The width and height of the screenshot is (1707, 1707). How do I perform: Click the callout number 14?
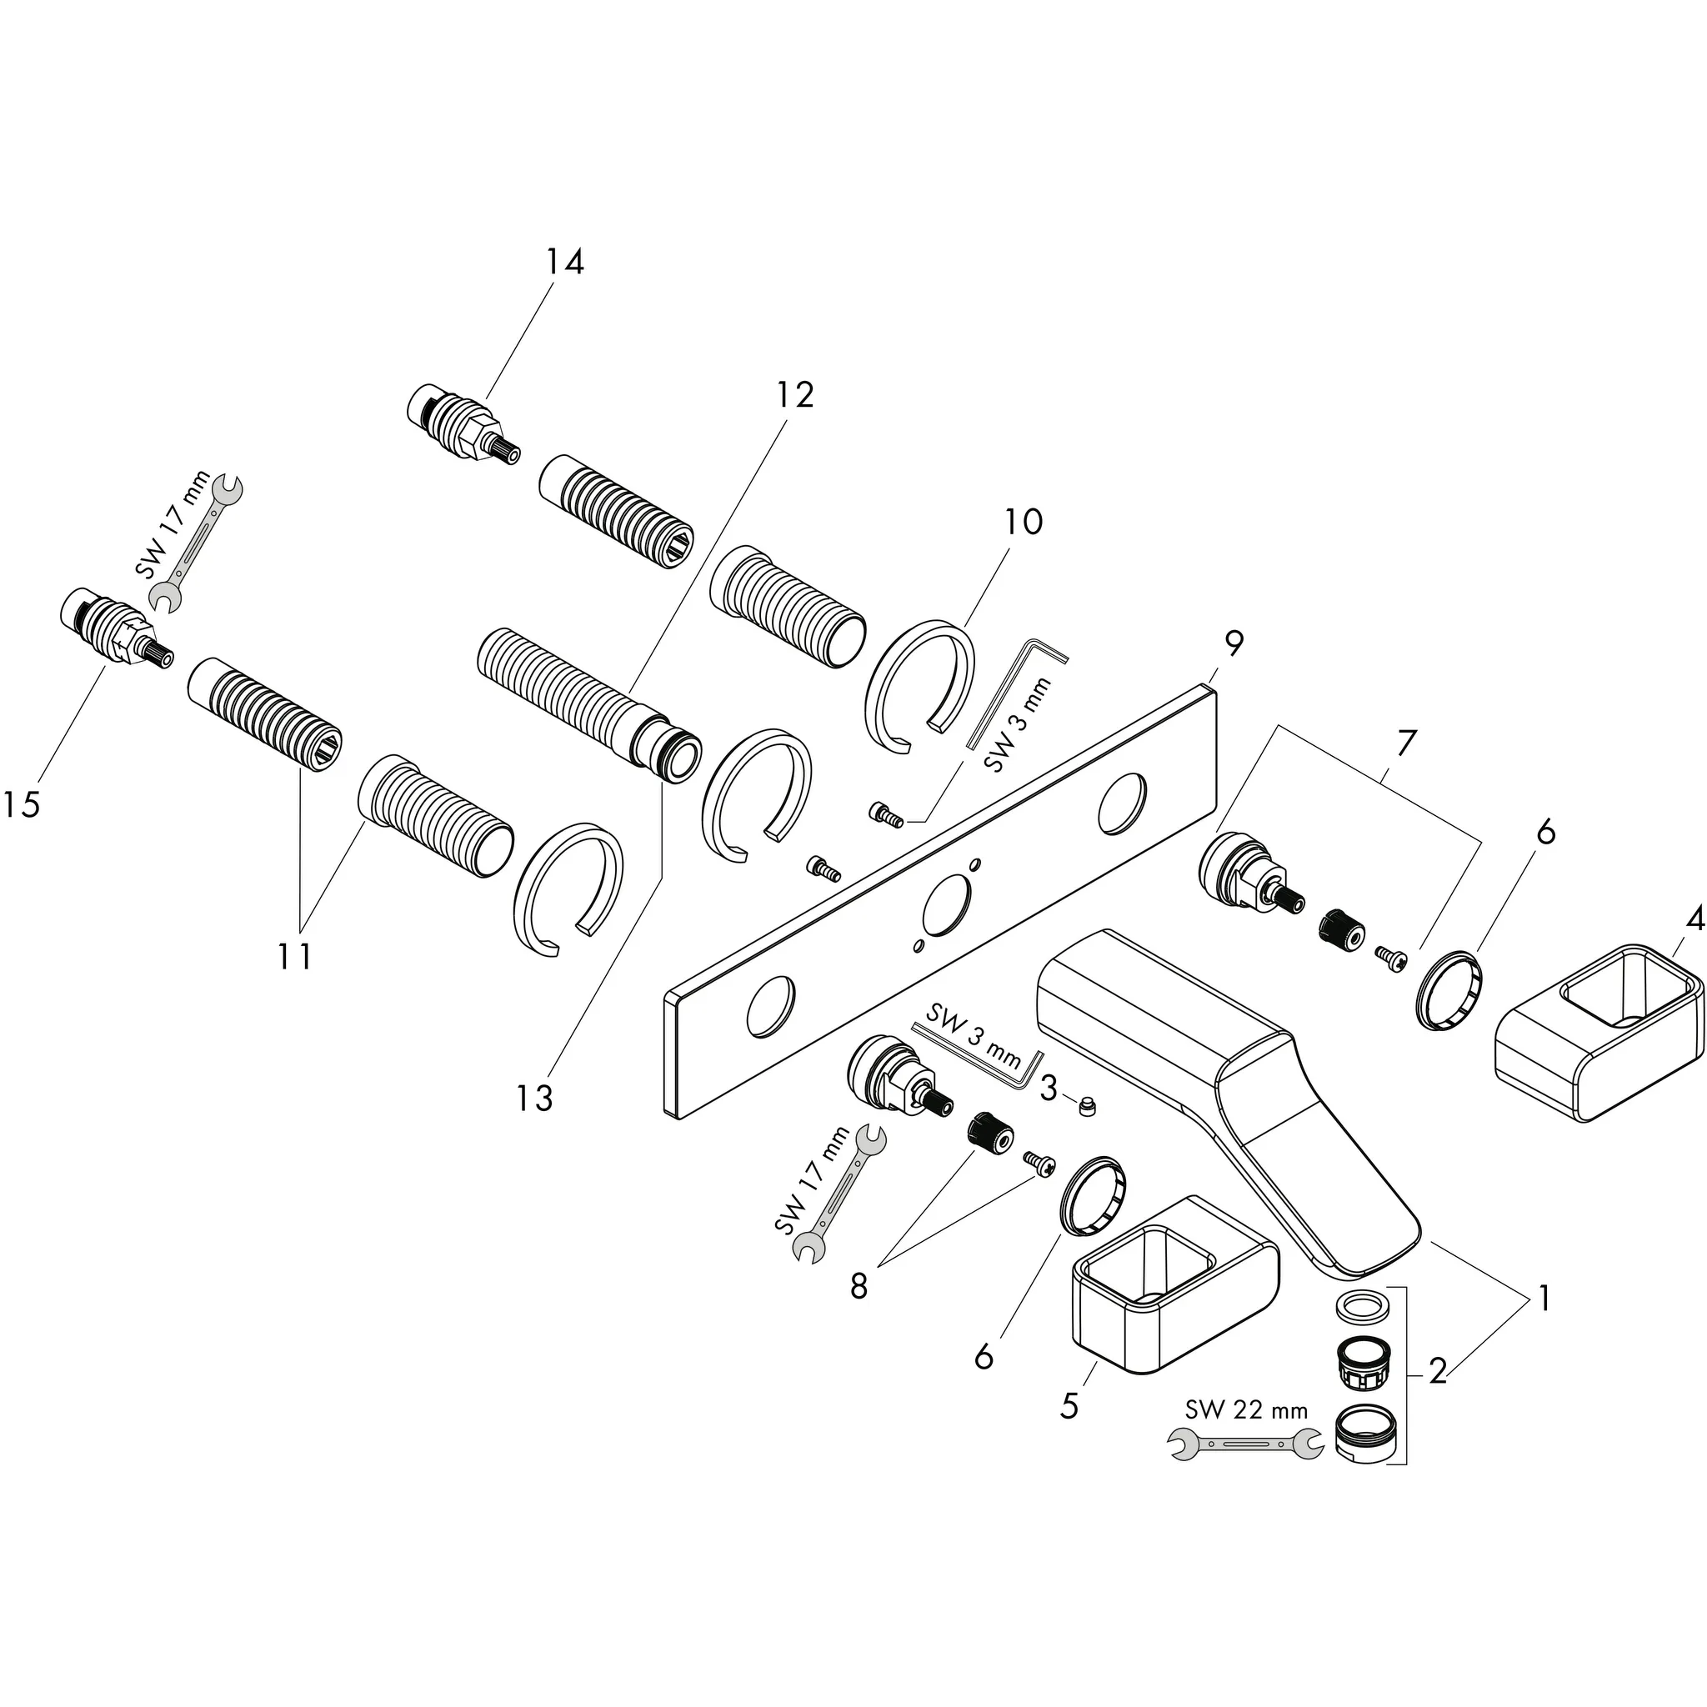pyautogui.click(x=564, y=263)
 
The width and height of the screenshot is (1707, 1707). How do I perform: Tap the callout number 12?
pyautogui.click(x=794, y=395)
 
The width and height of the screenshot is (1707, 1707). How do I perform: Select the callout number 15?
pyautogui.click(x=20, y=804)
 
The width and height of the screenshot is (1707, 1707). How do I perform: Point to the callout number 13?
pyautogui.click(x=534, y=1099)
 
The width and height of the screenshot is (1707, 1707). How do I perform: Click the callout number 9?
pyautogui.click(x=1234, y=643)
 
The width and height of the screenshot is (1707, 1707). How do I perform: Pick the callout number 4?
pyautogui.click(x=1694, y=920)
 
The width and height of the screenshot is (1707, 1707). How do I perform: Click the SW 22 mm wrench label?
pyautogui.click(x=1246, y=1409)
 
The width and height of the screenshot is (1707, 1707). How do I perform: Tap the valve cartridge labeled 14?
pyautogui.click(x=459, y=424)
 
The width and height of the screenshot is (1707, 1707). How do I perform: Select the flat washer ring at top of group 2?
pyautogui.click(x=1359, y=1306)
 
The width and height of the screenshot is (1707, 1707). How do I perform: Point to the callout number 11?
pyautogui.click(x=294, y=955)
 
